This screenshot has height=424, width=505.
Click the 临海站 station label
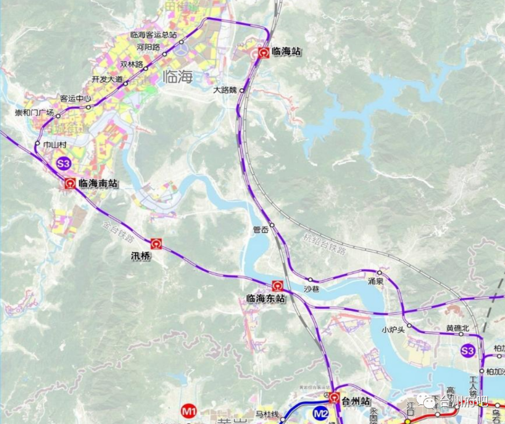[x=286, y=51]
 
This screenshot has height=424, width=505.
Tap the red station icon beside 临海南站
[x=70, y=184]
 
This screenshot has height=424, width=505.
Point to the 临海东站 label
[x=266, y=299]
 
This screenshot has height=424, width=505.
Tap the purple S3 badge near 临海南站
[x=64, y=164]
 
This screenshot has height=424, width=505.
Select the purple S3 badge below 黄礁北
[x=468, y=351]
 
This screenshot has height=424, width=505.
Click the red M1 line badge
[x=189, y=412]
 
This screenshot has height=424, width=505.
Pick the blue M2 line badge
[x=321, y=413]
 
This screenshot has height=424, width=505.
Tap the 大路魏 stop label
[x=225, y=90]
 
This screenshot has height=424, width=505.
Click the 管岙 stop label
[x=261, y=230]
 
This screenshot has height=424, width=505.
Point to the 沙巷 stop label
[x=312, y=289]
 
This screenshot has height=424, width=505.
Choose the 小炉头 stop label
[x=393, y=330]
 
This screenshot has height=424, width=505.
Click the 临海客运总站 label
[x=154, y=35]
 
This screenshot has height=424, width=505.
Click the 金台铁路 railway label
[x=118, y=230]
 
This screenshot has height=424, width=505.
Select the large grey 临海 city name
[x=178, y=77]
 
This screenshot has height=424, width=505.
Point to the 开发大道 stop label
[x=107, y=79]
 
